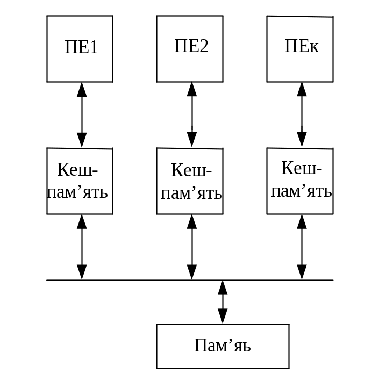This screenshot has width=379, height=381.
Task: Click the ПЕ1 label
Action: [81, 47]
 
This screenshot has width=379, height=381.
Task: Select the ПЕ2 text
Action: [191, 46]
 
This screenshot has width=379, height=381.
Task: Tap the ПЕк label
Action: [301, 46]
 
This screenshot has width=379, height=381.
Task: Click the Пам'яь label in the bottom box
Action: [223, 346]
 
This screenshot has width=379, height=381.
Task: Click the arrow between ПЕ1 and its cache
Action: [82, 114]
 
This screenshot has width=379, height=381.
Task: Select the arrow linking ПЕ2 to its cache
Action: [192, 114]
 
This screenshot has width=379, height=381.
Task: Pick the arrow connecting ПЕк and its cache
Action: [302, 114]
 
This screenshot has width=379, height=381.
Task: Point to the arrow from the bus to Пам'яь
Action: [223, 301]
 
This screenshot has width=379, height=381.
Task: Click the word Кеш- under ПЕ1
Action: [78, 171]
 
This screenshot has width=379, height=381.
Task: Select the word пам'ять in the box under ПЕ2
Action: [192, 193]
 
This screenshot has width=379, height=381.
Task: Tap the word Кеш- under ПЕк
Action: [302, 169]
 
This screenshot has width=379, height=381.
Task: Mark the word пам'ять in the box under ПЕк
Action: [302, 191]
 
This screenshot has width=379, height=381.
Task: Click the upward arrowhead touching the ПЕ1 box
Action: [82, 89]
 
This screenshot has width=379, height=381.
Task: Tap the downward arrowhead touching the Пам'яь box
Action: [223, 317]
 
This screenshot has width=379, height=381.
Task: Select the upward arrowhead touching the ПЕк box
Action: [302, 89]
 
